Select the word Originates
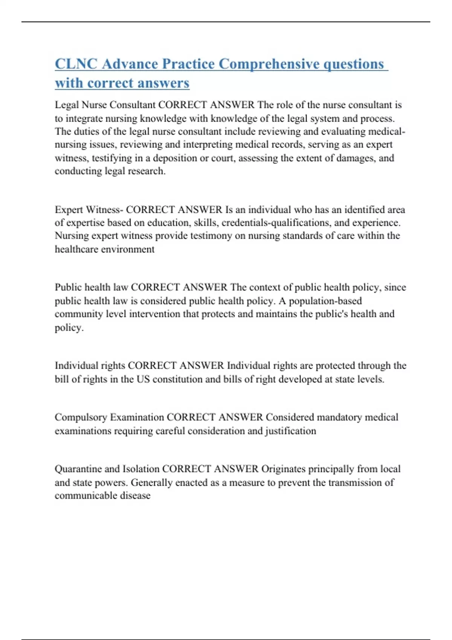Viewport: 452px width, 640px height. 283,469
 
